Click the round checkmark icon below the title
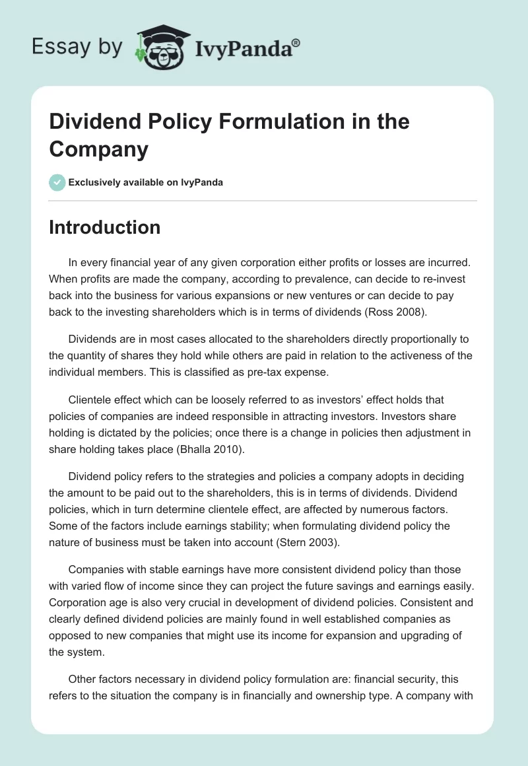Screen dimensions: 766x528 57,182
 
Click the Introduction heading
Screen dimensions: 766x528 104,227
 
